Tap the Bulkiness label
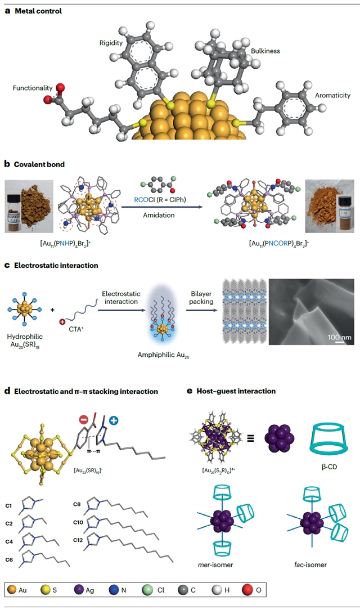[x=264, y=51]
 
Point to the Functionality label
[x=33, y=88]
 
